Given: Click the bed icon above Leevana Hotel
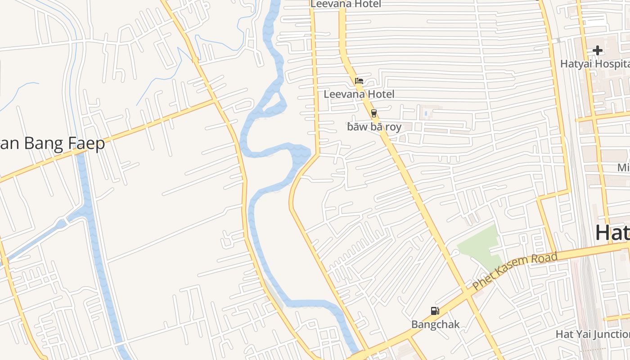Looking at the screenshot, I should pyautogui.click(x=359, y=81).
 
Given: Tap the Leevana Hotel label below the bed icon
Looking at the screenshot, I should pyautogui.click(x=359, y=94).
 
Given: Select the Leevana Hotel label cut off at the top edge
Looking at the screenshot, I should pyautogui.click(x=346, y=4).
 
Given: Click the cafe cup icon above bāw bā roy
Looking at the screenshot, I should pyautogui.click(x=373, y=113).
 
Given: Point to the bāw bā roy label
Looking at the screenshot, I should pyautogui.click(x=374, y=127).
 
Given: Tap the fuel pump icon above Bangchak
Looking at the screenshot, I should pyautogui.click(x=435, y=311).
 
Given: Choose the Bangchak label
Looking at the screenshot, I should pyautogui.click(x=436, y=324).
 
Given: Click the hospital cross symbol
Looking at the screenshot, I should pyautogui.click(x=598, y=51).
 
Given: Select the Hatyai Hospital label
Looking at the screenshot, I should pyautogui.click(x=594, y=64).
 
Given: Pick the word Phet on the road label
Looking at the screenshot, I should pyautogui.click(x=483, y=280).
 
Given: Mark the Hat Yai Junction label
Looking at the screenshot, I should pyautogui.click(x=592, y=334).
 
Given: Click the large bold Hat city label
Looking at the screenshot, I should pyautogui.click(x=612, y=233).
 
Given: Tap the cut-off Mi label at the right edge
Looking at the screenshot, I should pyautogui.click(x=623, y=168).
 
